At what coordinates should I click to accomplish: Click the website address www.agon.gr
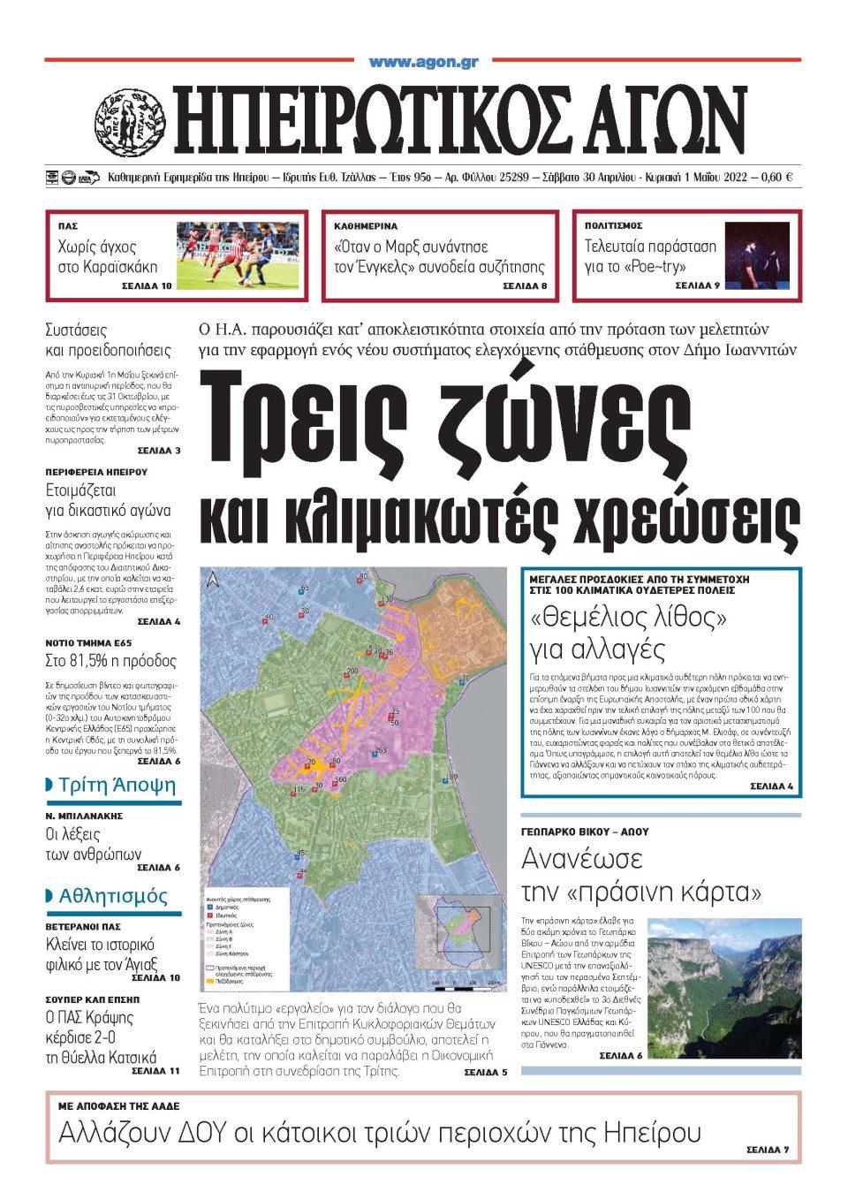[x=423, y=62]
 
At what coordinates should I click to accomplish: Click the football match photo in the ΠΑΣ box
[x=238, y=256]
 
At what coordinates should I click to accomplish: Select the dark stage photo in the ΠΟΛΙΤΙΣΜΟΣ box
[x=757, y=255]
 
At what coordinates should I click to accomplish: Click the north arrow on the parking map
[x=213, y=580]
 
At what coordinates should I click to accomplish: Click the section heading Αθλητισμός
[x=112, y=896]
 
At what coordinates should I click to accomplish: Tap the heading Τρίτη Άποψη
[x=117, y=786]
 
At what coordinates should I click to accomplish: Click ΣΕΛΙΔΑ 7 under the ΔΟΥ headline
[x=767, y=1150]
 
